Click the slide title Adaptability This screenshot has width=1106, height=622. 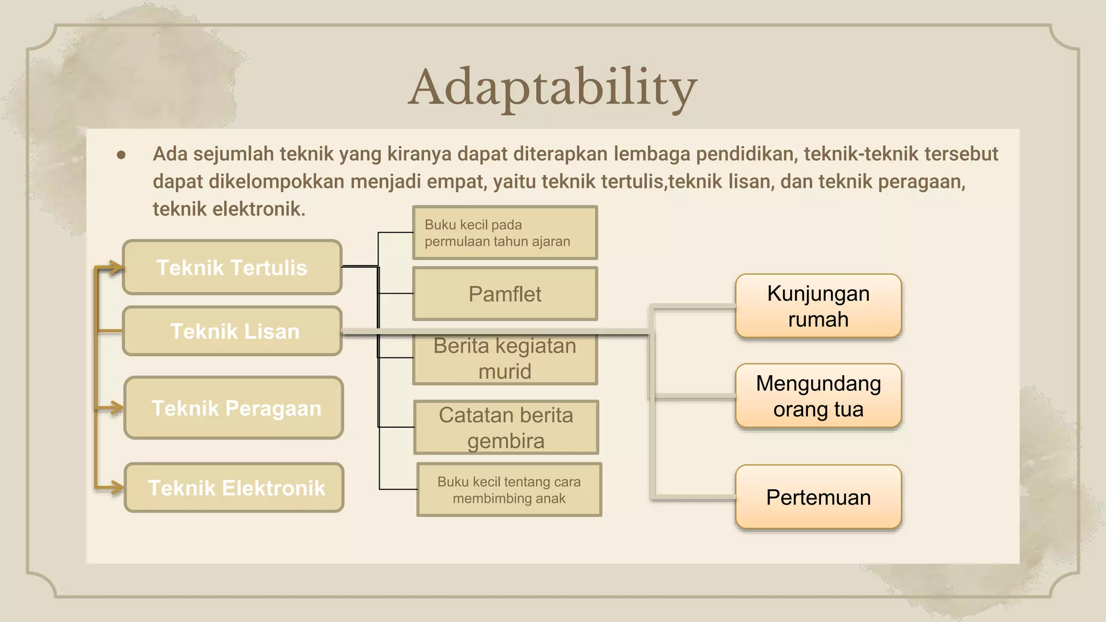click(552, 87)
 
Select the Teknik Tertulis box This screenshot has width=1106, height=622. click(232, 268)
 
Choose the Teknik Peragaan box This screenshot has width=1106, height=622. click(234, 408)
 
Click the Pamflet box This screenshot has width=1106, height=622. click(504, 294)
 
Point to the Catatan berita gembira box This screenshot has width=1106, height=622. click(506, 428)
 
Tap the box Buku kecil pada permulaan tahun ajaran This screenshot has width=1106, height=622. click(504, 233)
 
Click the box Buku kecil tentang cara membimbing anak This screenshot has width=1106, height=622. click(509, 490)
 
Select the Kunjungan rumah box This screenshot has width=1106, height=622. click(818, 306)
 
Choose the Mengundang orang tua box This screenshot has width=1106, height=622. click(818, 396)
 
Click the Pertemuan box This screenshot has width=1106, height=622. click(818, 497)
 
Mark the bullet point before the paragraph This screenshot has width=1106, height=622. click(121, 155)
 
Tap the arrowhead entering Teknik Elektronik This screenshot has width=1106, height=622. click(117, 488)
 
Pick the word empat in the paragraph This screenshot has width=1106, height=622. click(459, 182)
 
